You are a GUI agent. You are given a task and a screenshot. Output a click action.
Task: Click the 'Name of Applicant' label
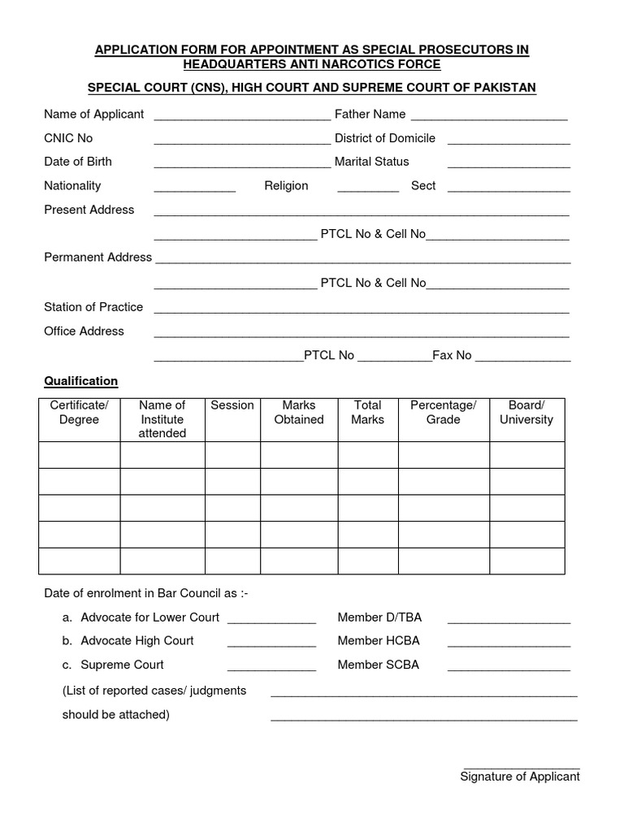click(93, 115)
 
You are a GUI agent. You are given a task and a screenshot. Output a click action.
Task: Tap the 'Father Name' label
click(370, 115)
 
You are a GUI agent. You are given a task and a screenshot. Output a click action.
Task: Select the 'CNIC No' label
click(68, 138)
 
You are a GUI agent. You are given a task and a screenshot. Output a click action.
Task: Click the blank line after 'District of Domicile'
click(509, 141)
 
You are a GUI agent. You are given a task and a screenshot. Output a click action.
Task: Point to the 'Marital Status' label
click(371, 162)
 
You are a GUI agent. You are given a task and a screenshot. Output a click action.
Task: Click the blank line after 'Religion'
click(368, 189)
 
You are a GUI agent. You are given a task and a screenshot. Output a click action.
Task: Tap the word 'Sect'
click(423, 186)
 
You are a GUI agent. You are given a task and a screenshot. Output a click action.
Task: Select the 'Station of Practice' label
click(93, 307)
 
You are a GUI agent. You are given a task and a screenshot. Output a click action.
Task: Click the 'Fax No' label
click(452, 355)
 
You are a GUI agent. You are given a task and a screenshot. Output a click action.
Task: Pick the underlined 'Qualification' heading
click(80, 381)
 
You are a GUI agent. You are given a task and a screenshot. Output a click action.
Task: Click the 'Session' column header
click(232, 405)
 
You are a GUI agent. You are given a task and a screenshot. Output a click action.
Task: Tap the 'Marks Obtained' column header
click(299, 413)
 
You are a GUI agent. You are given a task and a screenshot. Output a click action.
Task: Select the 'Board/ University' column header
click(526, 413)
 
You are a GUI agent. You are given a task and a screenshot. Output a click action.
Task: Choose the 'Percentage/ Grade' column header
click(443, 413)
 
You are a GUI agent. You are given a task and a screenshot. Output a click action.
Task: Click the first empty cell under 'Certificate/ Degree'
click(80, 455)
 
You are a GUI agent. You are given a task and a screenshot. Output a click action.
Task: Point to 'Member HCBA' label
click(379, 640)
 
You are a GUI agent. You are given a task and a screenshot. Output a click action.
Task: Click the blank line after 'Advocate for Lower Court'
click(271, 620)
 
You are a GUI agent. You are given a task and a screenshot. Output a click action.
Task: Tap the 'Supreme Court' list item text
click(122, 665)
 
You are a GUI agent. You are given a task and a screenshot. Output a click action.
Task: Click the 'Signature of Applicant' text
click(520, 777)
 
